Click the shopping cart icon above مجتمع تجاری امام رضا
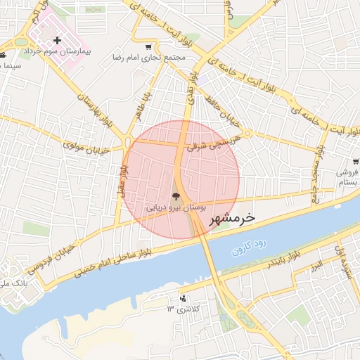(x=148, y=47)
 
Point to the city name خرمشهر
(x=230, y=219)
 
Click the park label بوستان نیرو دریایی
(x=176, y=208)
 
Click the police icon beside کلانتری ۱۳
(x=184, y=297)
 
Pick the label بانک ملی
(x=15, y=283)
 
